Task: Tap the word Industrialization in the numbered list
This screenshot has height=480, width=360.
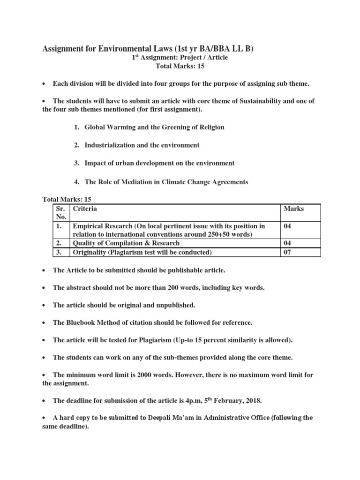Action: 109,145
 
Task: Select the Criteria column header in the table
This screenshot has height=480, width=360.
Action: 85,209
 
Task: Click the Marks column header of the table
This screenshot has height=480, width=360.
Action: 293,209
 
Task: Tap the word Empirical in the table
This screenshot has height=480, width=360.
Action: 87,226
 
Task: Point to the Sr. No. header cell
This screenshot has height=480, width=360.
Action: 61,212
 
